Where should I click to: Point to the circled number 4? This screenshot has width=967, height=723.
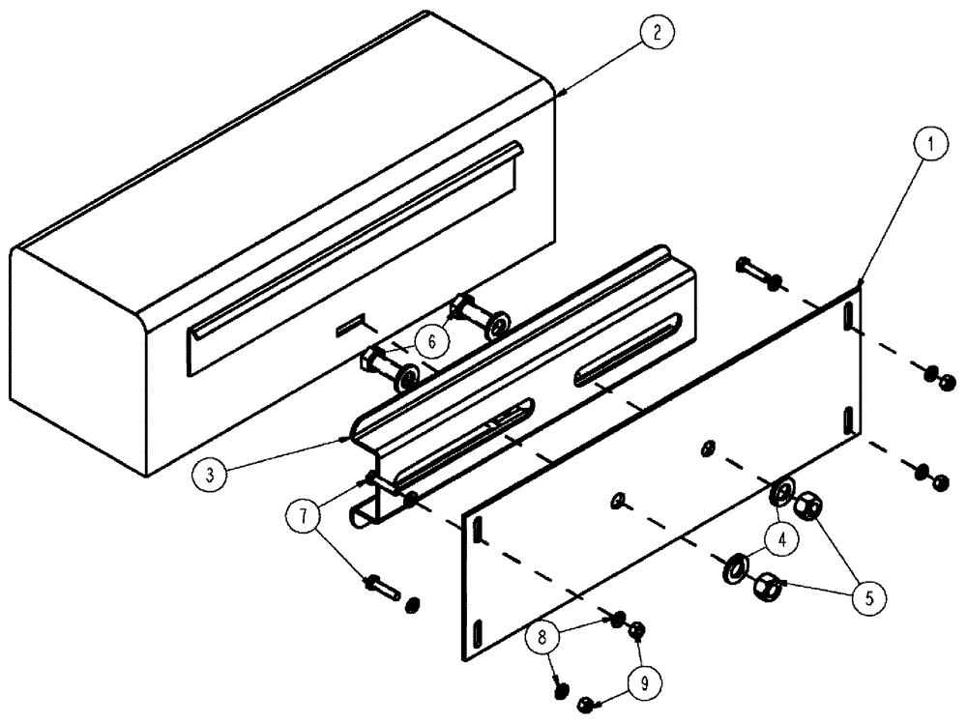782,539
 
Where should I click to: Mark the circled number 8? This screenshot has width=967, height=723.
542,635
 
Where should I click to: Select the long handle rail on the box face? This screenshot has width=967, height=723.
358,242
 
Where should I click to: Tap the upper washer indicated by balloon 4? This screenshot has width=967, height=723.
781,489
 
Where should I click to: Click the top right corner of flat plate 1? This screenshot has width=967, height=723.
859,285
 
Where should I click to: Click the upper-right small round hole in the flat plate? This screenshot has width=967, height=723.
708,446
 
